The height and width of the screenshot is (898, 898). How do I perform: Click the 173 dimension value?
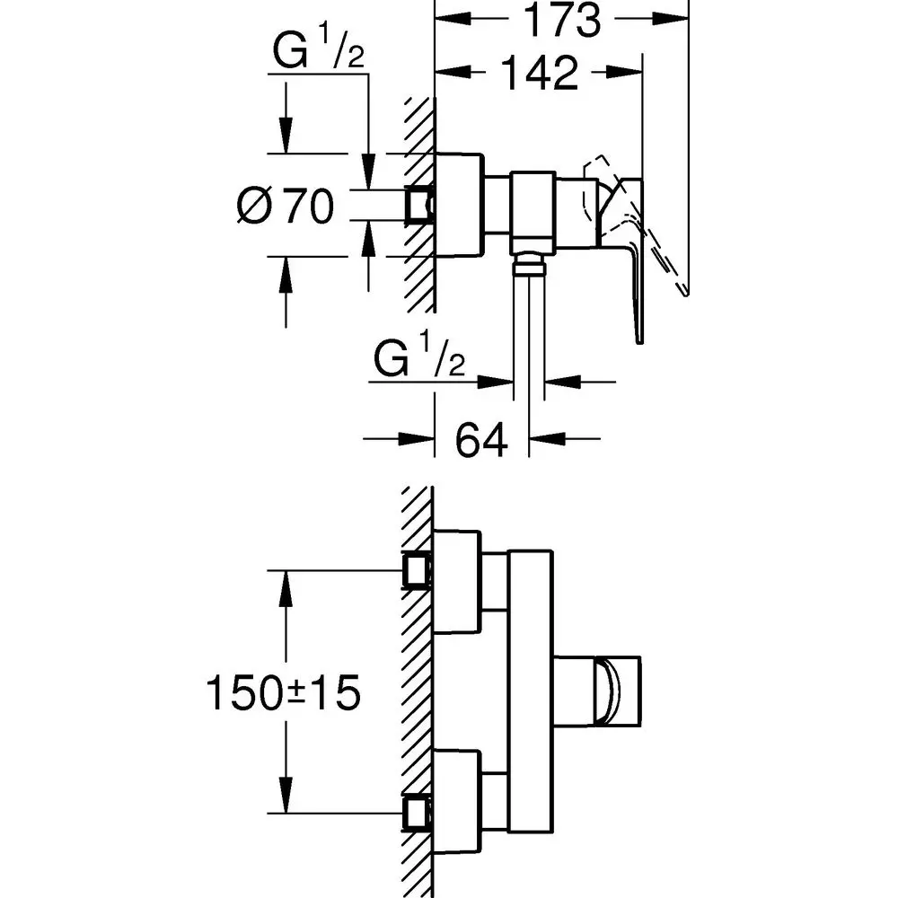click(x=562, y=22)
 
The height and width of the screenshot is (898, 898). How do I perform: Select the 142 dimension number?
click(x=539, y=75)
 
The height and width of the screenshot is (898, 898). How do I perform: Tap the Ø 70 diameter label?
click(x=285, y=207)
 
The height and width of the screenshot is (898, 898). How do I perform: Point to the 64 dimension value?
click(x=481, y=440)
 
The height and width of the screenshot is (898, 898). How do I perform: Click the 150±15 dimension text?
click(x=284, y=692)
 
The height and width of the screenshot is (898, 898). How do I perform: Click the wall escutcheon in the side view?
click(x=459, y=206)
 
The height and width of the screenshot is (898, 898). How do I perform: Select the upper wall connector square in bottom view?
click(x=417, y=570)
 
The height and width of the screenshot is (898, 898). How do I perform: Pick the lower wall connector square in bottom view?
click(x=417, y=814)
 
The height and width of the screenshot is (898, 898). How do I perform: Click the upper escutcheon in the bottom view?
click(x=456, y=582)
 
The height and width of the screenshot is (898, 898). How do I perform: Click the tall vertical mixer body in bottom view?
click(x=530, y=691)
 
